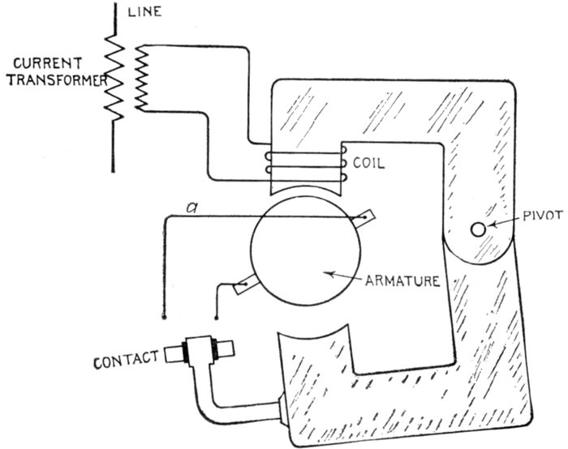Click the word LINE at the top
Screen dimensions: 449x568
(x=147, y=11)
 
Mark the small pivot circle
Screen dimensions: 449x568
(x=479, y=230)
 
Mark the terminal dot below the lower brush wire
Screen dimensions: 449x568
(x=215, y=316)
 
